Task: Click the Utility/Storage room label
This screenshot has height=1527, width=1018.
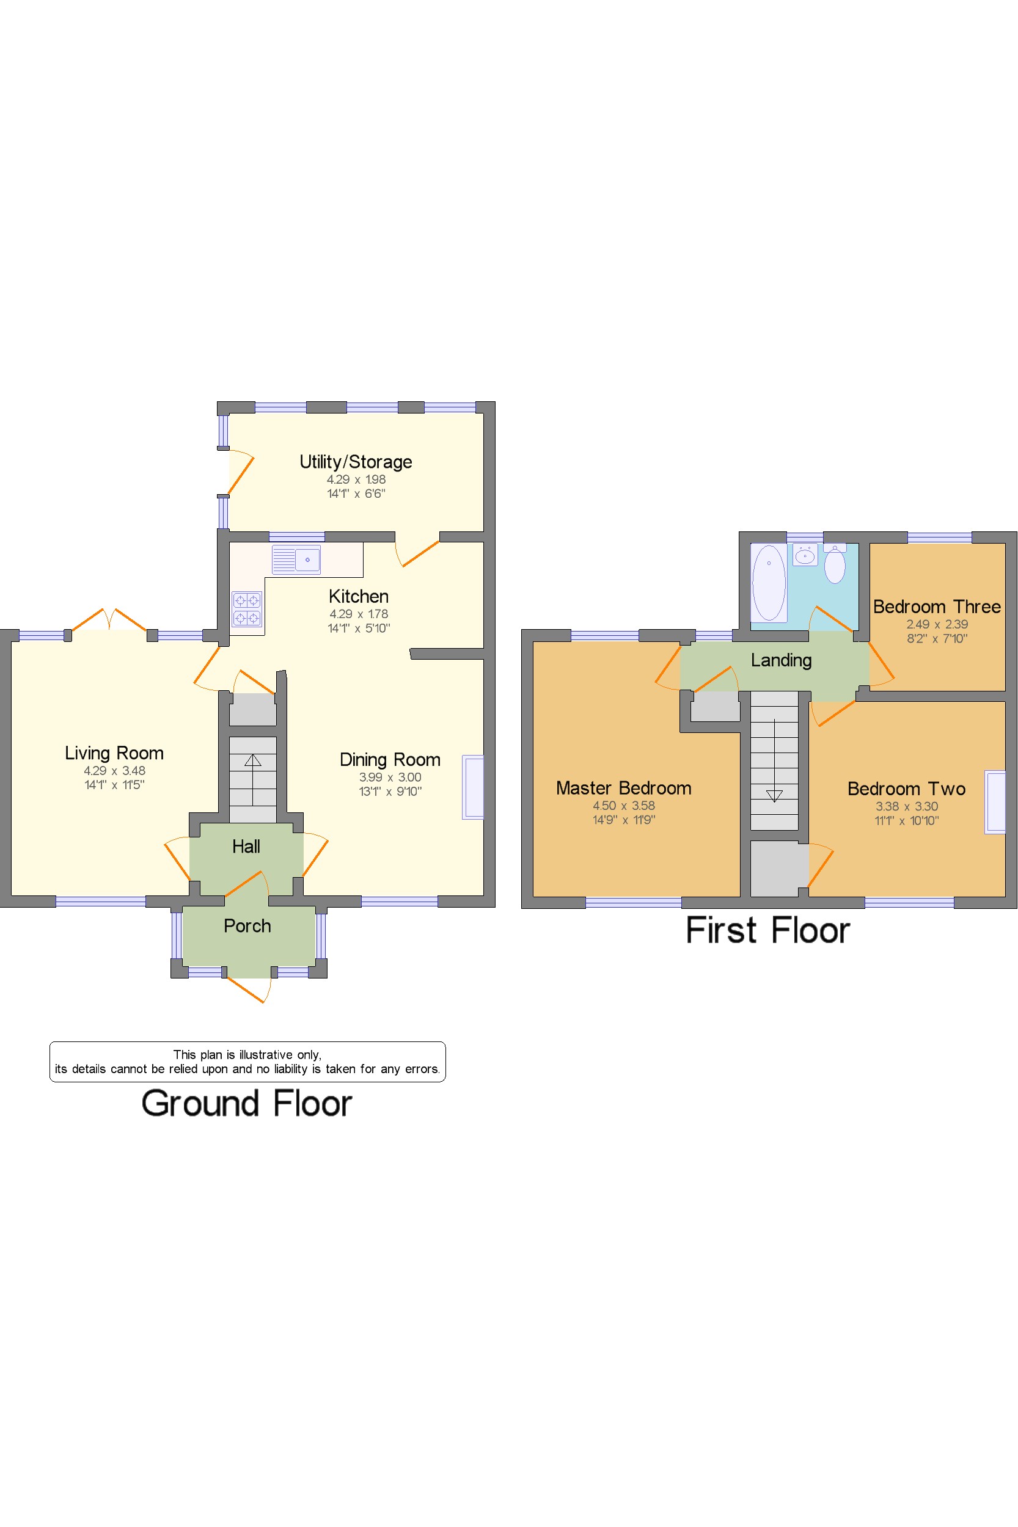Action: coord(356,462)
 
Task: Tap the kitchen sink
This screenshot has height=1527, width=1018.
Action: coord(296,559)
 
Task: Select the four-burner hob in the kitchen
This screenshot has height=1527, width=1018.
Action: coord(247,609)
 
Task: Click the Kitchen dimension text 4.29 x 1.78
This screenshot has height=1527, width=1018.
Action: coord(358,614)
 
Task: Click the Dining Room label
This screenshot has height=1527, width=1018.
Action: coord(390,759)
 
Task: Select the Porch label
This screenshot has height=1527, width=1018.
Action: coord(247,926)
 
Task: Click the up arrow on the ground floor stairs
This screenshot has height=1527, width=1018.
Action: coord(252,760)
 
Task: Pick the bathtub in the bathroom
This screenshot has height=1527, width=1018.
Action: coord(769,583)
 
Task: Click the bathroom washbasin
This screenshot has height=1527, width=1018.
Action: coord(805,555)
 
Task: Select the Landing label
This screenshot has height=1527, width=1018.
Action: coord(781,661)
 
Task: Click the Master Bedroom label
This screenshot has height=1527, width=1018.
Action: coord(624,788)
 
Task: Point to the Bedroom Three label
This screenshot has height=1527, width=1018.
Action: coord(937,607)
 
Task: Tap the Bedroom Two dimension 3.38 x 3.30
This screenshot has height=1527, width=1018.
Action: coord(907,807)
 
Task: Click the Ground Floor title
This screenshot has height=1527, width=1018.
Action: coord(247,1104)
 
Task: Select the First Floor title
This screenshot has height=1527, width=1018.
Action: coord(768,931)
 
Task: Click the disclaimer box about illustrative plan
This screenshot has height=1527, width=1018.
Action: coord(247,1062)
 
